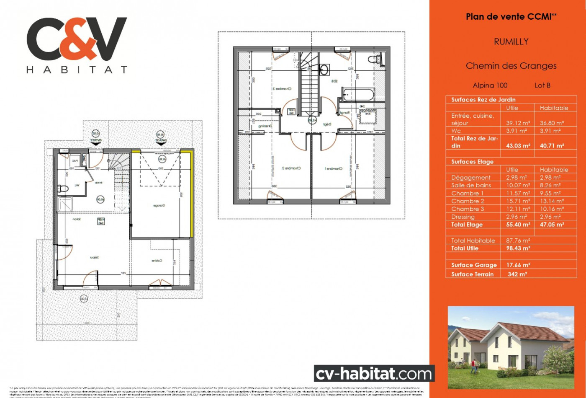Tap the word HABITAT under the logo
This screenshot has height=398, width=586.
click(77, 70)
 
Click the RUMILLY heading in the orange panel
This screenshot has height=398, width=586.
click(511, 41)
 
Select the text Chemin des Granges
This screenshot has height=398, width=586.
click(511, 66)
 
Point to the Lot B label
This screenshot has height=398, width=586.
click(542, 85)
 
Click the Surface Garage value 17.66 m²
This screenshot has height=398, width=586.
click(518, 265)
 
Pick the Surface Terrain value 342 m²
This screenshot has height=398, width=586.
click(517, 274)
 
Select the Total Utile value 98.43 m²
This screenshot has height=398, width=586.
click(518, 248)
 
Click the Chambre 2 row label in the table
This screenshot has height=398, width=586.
click(468, 201)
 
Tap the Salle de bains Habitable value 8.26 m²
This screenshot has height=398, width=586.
click(552, 185)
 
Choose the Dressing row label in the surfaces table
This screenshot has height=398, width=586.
click(463, 217)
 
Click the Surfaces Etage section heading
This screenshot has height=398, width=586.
click(472, 162)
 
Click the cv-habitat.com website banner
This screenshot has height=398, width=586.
click(374, 373)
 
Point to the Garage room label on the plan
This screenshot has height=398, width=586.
click(158, 206)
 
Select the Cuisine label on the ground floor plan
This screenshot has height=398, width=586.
click(157, 261)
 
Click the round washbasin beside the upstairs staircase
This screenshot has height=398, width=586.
click(324, 69)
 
